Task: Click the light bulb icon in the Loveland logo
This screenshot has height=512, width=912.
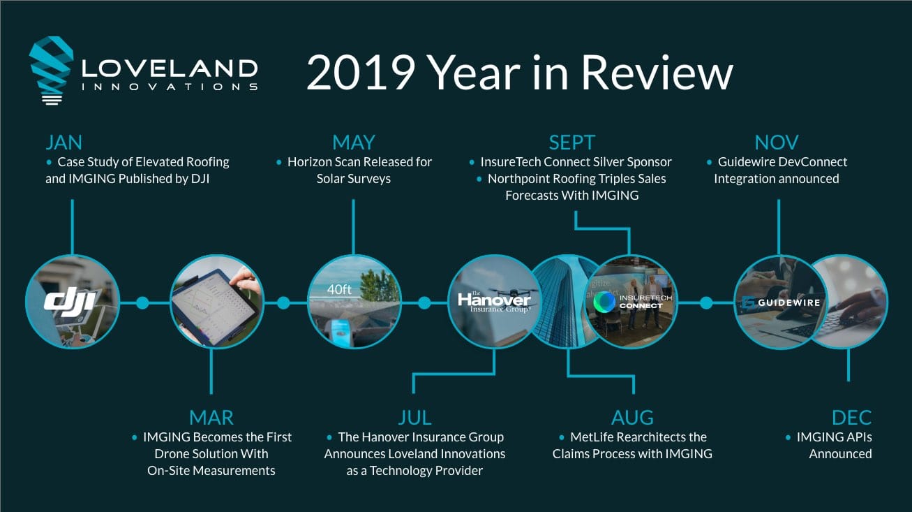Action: click(52, 70)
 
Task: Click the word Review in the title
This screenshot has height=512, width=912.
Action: click(657, 73)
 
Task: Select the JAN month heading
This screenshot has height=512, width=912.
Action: click(64, 142)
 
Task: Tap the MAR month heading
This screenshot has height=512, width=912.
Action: click(211, 418)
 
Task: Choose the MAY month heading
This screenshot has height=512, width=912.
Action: click(353, 142)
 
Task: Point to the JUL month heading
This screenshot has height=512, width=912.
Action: click(414, 418)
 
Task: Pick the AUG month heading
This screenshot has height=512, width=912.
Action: click(632, 418)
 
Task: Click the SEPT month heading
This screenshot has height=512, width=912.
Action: click(572, 142)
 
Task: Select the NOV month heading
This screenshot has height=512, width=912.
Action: click(777, 142)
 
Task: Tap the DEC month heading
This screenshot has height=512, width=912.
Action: click(852, 418)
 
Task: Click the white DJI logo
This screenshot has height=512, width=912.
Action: click(70, 302)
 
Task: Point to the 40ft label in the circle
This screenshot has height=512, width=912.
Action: click(339, 289)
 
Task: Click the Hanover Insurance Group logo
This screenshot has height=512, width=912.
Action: click(494, 302)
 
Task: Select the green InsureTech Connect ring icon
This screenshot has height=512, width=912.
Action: click(604, 302)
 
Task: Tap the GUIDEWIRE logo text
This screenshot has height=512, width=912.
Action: click(788, 302)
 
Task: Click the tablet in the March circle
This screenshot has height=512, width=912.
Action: click(216, 307)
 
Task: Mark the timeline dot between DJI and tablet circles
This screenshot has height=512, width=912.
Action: click(142, 303)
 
